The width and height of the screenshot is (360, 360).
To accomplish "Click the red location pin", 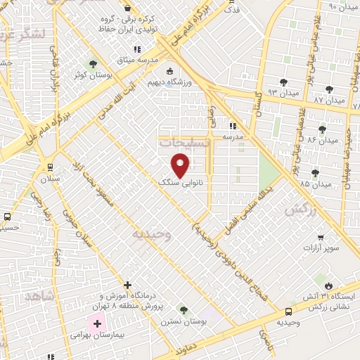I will (181, 165).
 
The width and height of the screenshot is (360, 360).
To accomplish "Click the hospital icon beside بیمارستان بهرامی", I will (96, 323).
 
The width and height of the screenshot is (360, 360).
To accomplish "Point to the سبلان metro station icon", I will (49, 167).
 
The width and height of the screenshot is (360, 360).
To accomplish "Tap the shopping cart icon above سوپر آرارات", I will (321, 236).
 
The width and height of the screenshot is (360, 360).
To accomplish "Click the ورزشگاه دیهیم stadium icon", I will (169, 71).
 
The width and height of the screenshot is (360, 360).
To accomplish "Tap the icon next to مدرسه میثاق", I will (138, 49).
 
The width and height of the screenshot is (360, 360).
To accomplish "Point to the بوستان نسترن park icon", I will (183, 309).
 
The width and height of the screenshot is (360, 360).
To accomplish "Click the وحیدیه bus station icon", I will (288, 311).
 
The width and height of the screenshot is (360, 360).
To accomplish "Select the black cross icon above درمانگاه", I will (127, 285).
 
